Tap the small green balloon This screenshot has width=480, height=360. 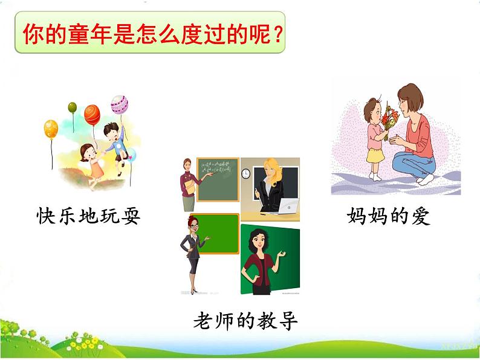73,108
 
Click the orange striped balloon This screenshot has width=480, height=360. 92,114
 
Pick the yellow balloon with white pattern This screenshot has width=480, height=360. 51,129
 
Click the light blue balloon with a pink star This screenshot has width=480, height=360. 131,155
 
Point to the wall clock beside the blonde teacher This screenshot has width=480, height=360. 246,173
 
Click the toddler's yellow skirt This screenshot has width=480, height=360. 375,155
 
